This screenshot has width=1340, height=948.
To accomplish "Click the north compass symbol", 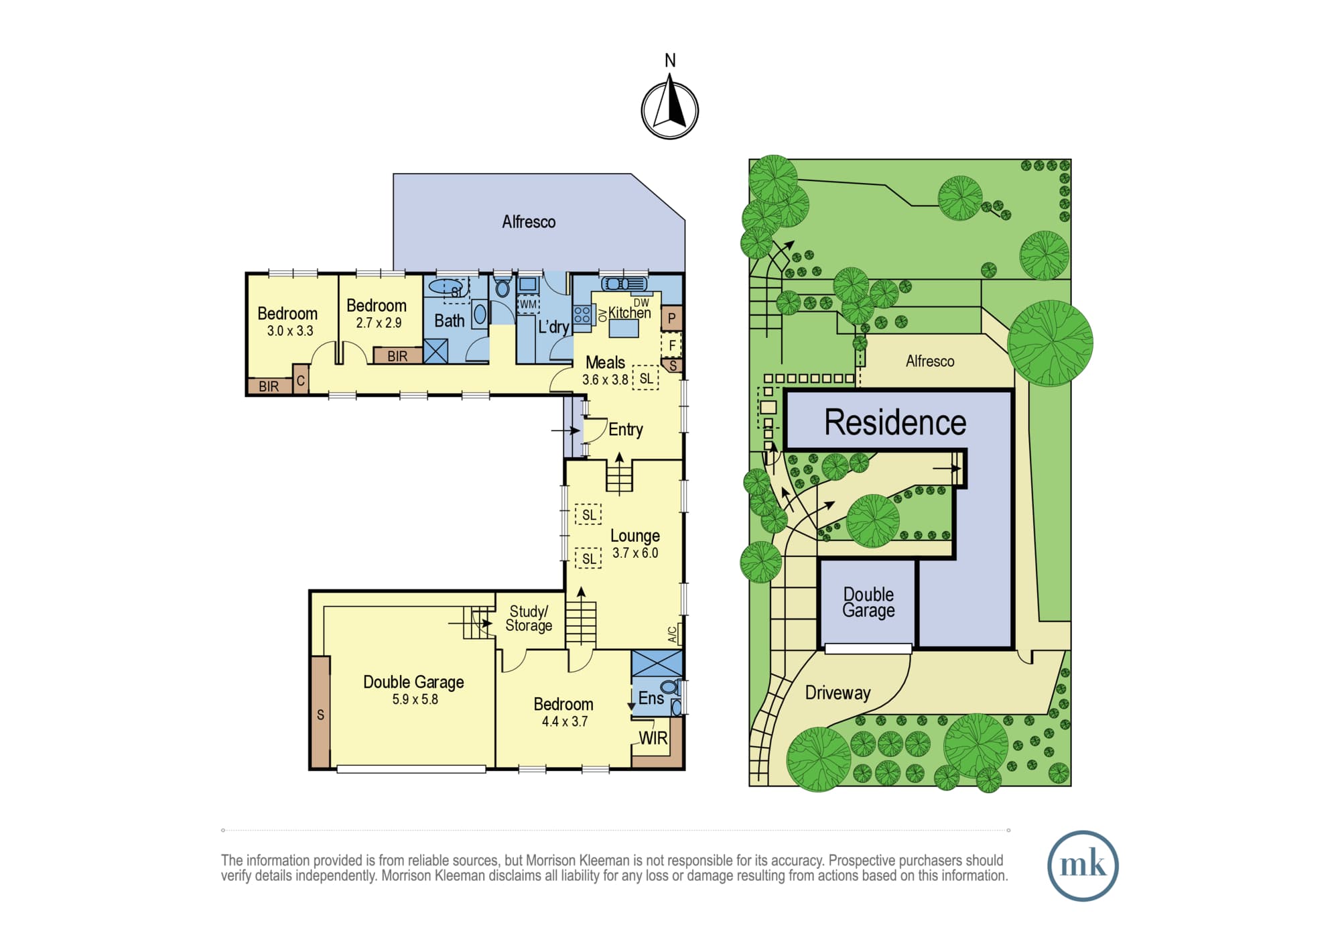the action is pyautogui.click(x=670, y=109).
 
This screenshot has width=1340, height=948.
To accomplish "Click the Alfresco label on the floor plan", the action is pyautogui.click(x=529, y=222).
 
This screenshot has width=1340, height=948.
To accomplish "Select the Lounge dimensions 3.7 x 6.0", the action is pyautogui.click(x=635, y=553).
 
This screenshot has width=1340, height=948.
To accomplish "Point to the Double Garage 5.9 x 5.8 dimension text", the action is pyautogui.click(x=415, y=699).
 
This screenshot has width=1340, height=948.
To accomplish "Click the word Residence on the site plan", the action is pyautogui.click(x=895, y=422).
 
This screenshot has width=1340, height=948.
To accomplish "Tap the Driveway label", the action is pyautogui.click(x=837, y=693).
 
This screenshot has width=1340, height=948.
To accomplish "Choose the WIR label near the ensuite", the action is pyautogui.click(x=653, y=738).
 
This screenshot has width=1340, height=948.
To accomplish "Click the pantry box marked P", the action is pyautogui.click(x=671, y=318).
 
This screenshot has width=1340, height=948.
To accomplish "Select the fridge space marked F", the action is pyautogui.click(x=671, y=345).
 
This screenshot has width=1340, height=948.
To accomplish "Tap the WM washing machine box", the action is pyautogui.click(x=528, y=304).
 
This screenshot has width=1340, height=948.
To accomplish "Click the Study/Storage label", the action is pyautogui.click(x=529, y=618).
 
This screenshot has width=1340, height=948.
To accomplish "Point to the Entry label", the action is pyautogui.click(x=626, y=429).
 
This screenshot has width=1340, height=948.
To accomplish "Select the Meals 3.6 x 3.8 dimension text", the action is pyautogui.click(x=605, y=379).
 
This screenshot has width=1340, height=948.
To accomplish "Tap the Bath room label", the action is pyautogui.click(x=450, y=321).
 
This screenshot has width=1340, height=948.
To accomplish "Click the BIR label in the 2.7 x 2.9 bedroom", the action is pyautogui.click(x=397, y=356).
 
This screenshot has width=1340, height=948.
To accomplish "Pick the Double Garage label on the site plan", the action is pyautogui.click(x=868, y=602).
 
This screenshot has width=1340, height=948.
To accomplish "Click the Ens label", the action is pyautogui.click(x=651, y=698).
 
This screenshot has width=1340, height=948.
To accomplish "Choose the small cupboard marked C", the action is pyautogui.click(x=301, y=380).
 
